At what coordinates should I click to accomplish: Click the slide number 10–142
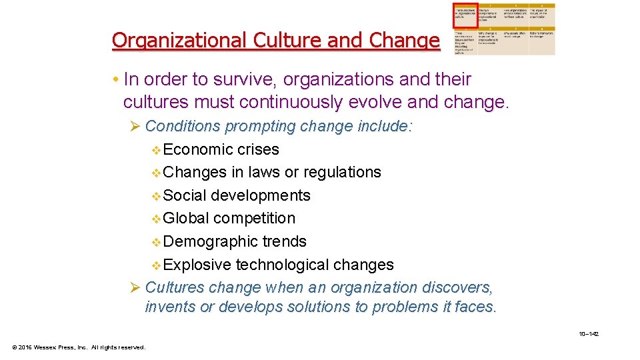point(589,334)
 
